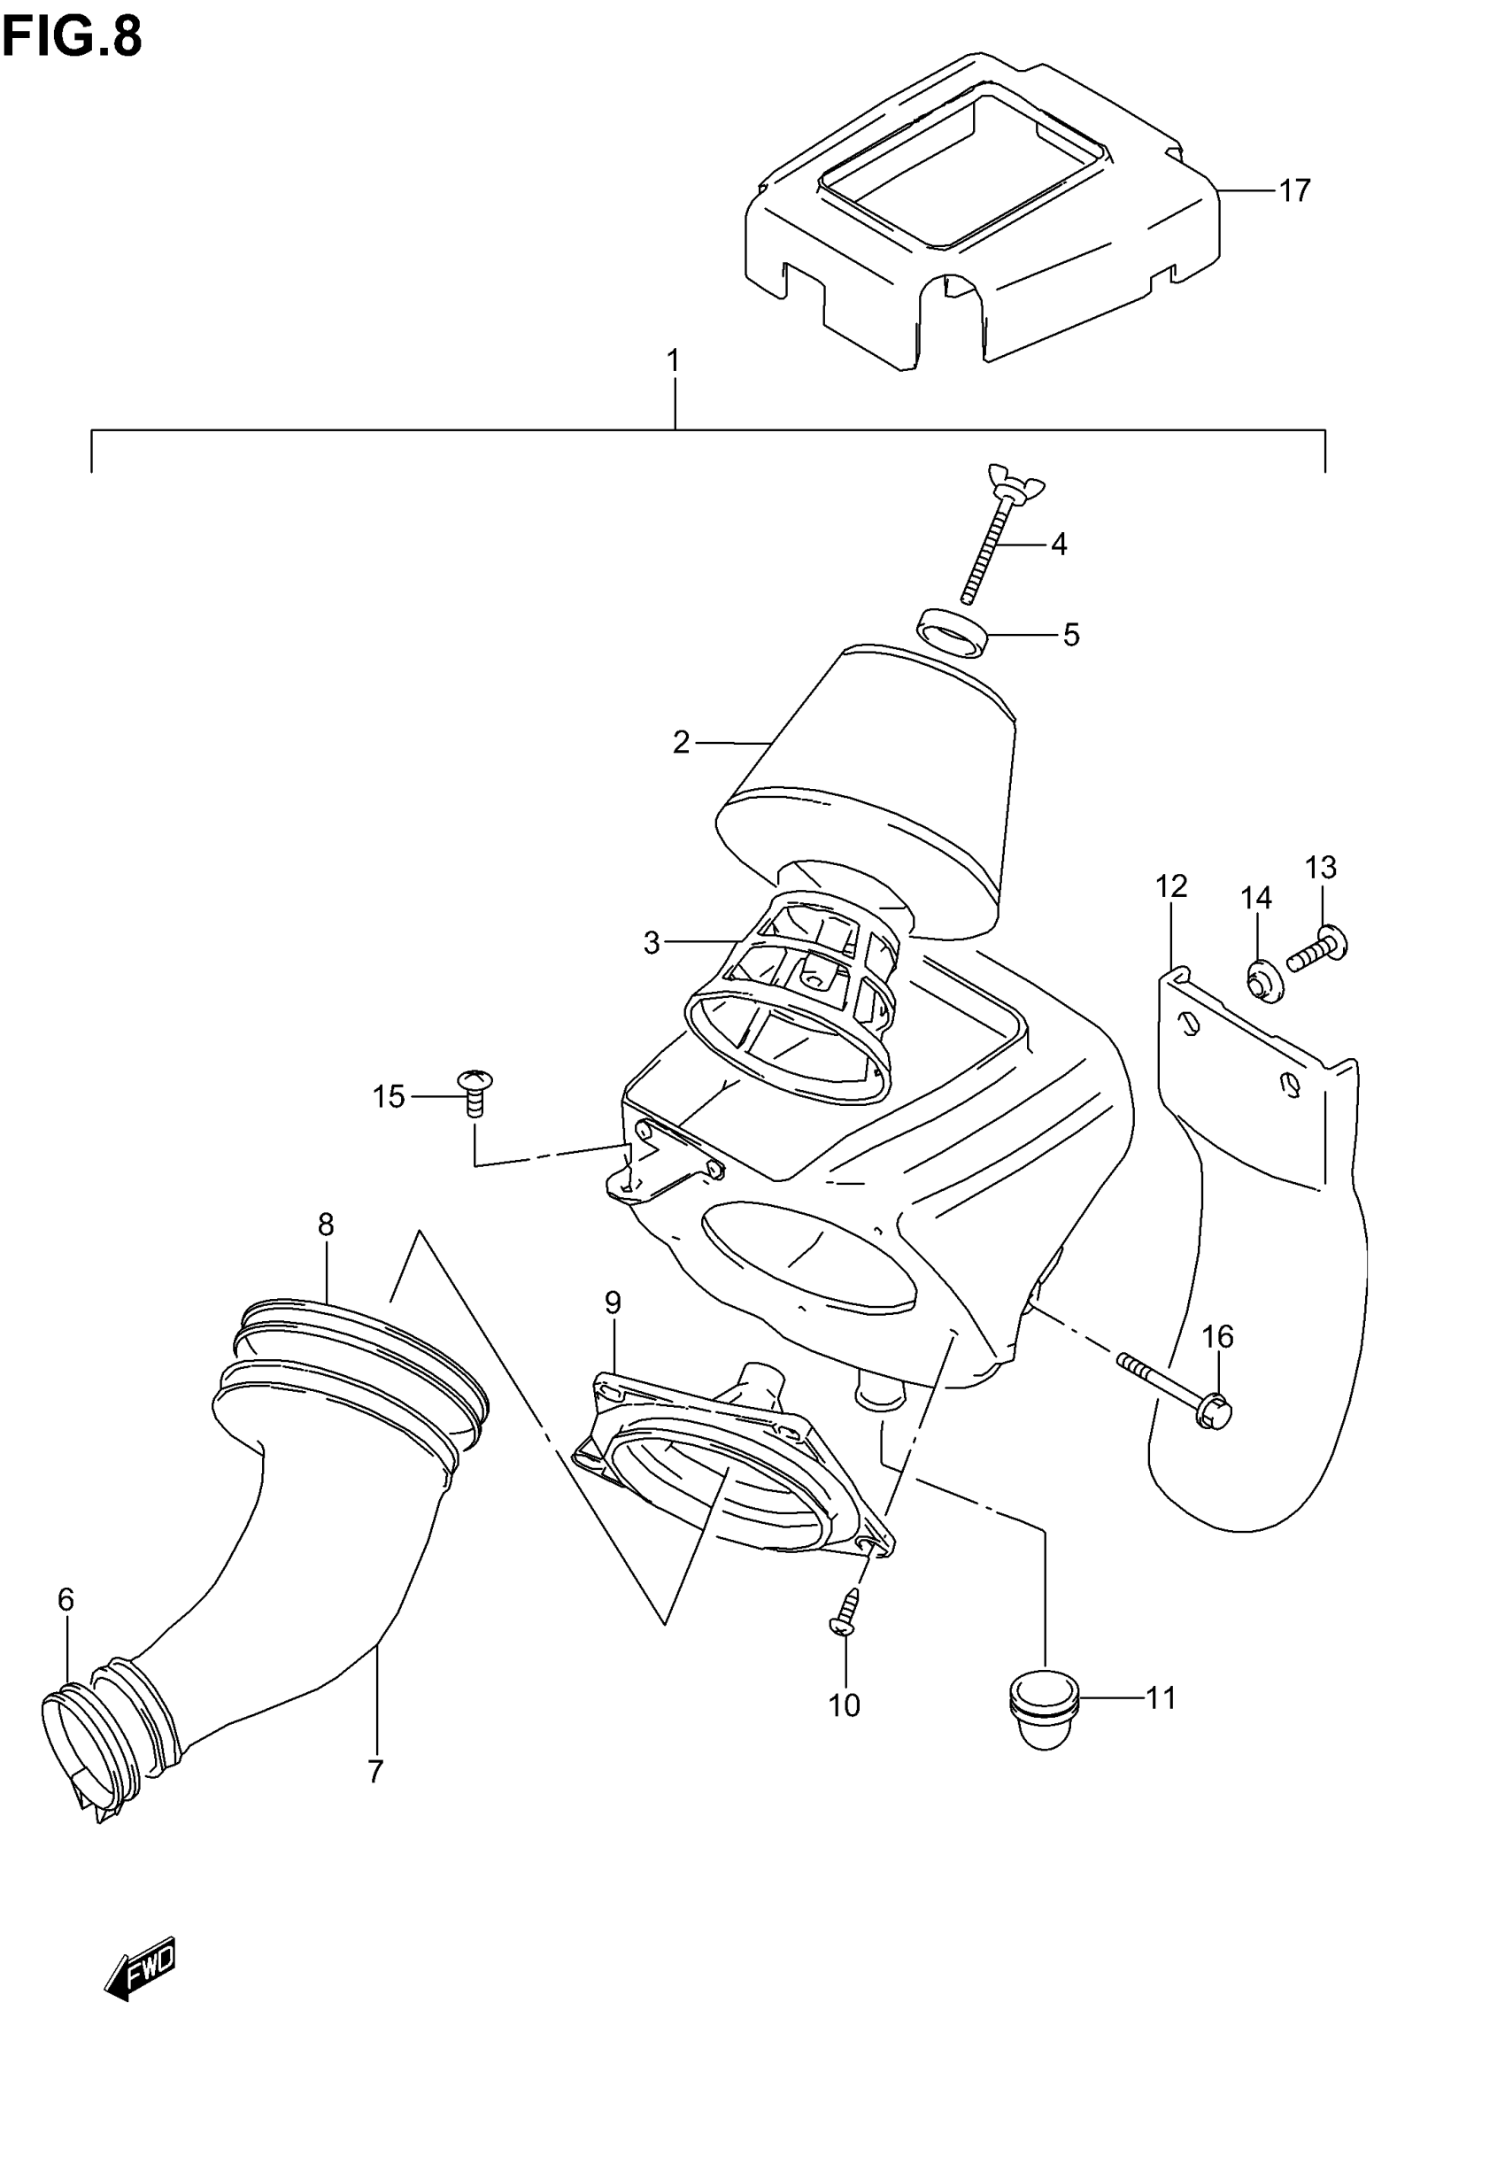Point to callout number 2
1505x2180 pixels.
coord(682,742)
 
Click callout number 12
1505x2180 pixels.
coord(1171,886)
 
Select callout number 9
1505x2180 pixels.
coord(613,1303)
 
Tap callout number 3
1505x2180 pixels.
coord(652,942)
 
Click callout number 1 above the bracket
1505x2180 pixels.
coord(674,361)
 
